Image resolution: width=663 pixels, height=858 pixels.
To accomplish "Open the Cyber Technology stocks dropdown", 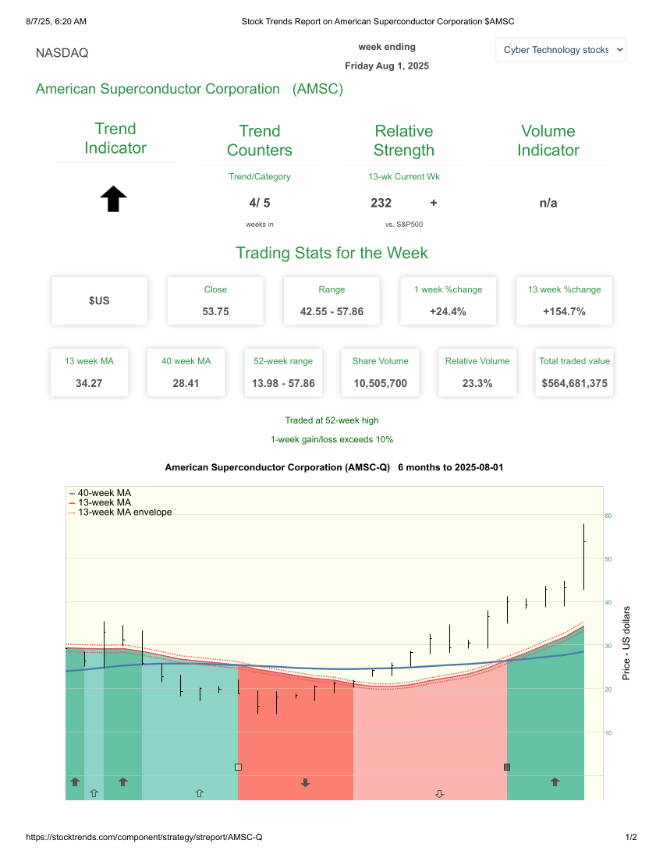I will [560, 50].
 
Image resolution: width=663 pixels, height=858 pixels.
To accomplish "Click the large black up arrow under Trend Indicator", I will [114, 200].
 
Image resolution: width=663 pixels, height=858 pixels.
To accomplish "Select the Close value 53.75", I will [215, 311].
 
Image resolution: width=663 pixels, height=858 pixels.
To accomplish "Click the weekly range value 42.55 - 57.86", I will [331, 311].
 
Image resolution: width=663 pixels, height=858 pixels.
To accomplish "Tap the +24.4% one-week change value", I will [448, 311].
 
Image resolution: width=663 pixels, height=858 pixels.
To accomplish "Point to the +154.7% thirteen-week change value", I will [564, 311].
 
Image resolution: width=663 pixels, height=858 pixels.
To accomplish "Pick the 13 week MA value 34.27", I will [89, 383].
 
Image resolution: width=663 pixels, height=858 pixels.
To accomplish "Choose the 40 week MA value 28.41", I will [186, 383].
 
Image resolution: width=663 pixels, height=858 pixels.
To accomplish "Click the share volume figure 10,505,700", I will [380, 383].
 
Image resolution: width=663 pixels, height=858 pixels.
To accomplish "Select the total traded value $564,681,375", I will [574, 383].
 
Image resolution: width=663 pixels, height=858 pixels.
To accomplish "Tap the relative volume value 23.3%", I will [477, 383].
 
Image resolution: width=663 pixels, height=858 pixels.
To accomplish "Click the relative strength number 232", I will [381, 203].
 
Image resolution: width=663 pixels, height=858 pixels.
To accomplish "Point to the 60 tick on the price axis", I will [608, 516].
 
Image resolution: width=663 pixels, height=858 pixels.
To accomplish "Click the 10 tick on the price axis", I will [608, 732].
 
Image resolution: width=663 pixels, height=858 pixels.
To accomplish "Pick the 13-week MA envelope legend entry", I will [124, 512].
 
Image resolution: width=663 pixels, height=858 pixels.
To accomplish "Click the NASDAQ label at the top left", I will [62, 53].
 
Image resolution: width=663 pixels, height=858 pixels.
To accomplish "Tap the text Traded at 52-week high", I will [331, 420].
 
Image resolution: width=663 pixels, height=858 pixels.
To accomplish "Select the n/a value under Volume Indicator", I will [548, 203].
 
